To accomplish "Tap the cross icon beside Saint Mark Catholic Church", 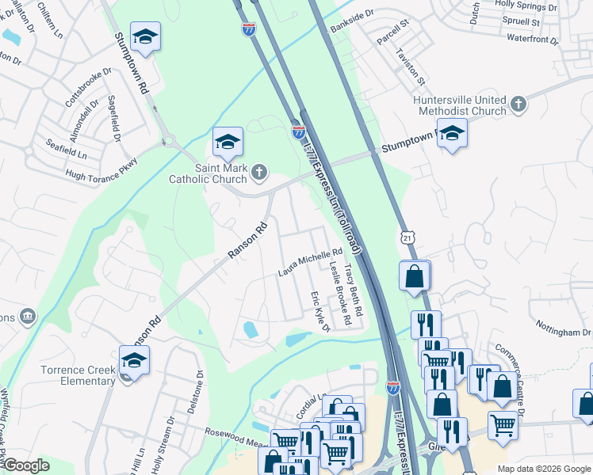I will (259, 172).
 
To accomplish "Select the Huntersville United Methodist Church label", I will (460, 105).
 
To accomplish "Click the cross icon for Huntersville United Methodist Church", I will (518, 104).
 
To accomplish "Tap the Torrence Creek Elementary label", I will (78, 374).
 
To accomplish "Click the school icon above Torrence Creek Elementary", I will (134, 360).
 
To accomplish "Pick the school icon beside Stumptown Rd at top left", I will (145, 36).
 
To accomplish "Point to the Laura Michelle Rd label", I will (309, 262).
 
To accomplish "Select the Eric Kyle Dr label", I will (320, 311).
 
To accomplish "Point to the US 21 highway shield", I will (407, 237).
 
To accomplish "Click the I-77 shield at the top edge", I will (248, 29).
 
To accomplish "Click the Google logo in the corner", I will (25, 466).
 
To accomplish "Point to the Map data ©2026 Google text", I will (543, 469).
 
